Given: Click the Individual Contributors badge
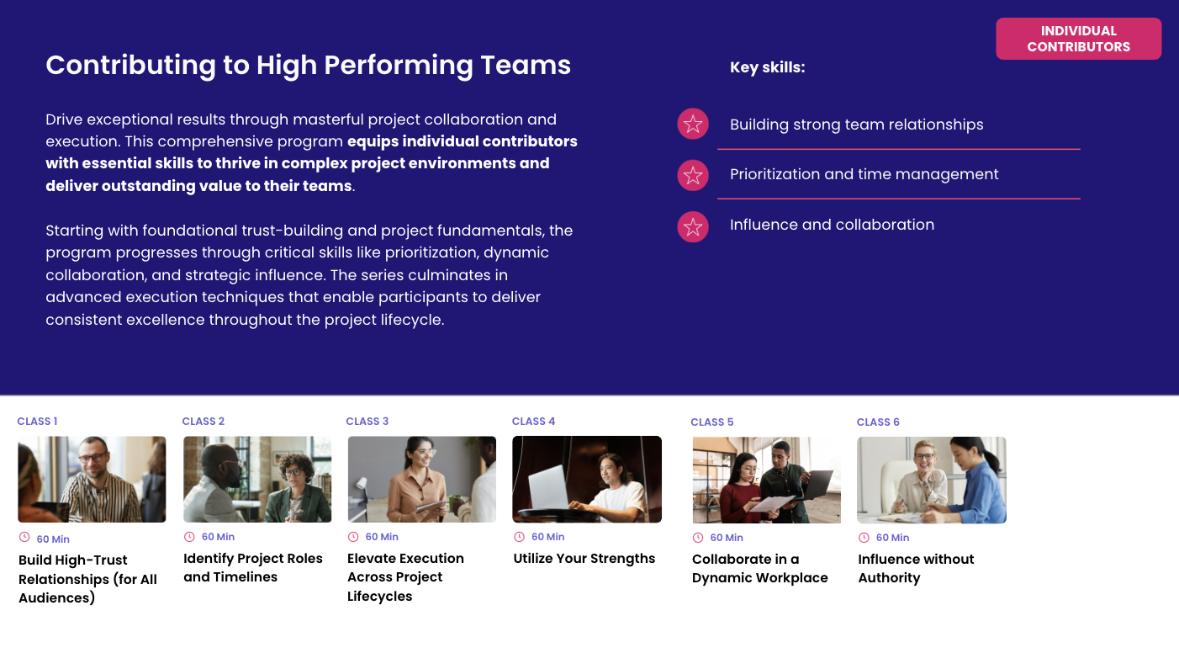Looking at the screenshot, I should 1078,39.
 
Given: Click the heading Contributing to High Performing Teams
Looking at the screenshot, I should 308,65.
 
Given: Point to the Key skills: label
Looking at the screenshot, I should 767,67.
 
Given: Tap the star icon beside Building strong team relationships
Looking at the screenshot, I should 693,125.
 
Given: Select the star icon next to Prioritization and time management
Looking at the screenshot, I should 693,175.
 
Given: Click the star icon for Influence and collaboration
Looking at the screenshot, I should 693,226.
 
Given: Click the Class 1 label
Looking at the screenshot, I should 37,422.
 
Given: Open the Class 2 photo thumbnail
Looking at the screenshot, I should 257,479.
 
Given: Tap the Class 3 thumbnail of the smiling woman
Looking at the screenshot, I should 421,479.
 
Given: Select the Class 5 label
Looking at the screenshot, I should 711,422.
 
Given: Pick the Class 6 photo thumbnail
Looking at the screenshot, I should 931,480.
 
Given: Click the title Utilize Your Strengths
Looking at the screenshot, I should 584,559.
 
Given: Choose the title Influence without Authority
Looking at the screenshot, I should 915,568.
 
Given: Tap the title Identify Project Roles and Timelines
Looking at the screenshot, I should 252,567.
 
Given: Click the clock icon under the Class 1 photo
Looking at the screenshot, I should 24,538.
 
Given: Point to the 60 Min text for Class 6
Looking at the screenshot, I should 892,538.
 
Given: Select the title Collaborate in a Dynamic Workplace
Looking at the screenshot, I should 759,568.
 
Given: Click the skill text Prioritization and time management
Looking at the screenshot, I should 864,174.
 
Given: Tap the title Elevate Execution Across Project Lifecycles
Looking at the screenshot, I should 404,577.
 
